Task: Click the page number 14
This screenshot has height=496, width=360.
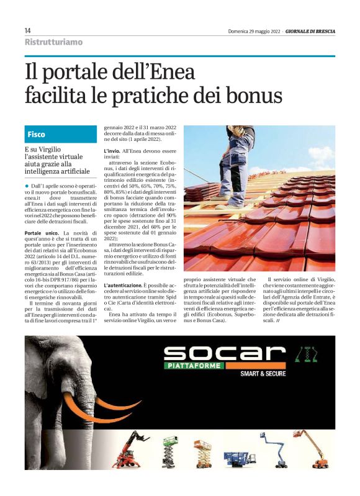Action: click(27, 30)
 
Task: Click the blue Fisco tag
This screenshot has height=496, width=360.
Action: click(37, 134)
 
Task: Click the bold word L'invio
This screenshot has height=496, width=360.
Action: click(112, 151)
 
